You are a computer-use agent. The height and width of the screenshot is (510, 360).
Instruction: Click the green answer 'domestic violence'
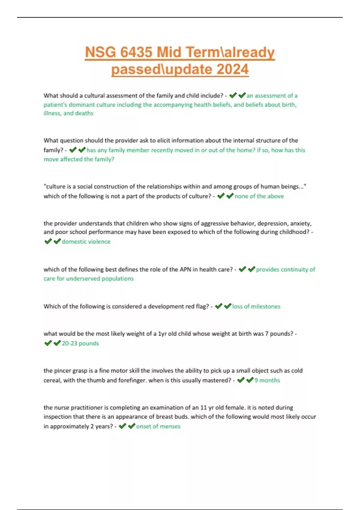[86, 241]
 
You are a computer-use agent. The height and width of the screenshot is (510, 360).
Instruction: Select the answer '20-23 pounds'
[80, 343]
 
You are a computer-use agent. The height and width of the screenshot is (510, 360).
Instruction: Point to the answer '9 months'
[267, 380]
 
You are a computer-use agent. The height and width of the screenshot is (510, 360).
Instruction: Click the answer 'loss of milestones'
[256, 306]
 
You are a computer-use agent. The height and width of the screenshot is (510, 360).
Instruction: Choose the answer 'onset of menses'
[158, 426]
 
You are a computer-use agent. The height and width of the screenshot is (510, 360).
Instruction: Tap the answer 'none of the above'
[259, 196]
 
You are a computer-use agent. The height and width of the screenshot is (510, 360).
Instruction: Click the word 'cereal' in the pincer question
[52, 380]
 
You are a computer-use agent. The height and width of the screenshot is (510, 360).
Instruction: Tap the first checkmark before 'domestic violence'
[48, 241]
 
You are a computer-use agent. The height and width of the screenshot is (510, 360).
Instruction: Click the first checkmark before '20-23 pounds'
[48, 343]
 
